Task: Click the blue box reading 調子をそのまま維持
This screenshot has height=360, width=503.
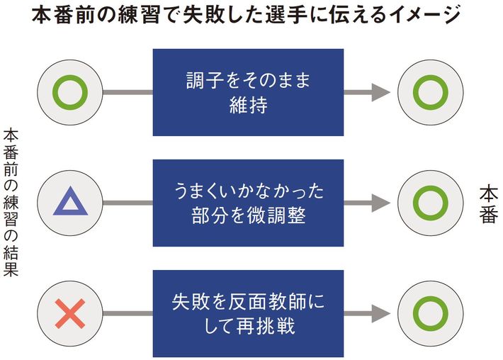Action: point(248,92)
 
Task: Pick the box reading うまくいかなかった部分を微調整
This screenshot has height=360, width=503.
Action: point(248,203)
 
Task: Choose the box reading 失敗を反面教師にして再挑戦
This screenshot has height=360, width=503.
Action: point(248,313)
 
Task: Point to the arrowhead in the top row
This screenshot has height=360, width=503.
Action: point(381,92)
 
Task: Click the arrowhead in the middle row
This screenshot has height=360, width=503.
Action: point(381,203)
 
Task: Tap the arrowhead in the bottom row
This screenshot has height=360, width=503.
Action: point(381,313)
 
